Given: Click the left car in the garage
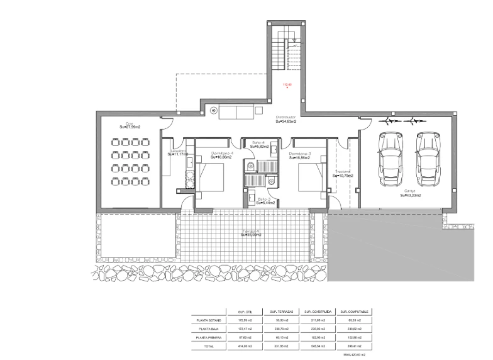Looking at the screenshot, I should click(389, 160).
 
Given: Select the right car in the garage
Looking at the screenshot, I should click(427, 160).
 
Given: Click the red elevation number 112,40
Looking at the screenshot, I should click(287, 84).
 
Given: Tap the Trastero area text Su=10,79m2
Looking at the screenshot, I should click(343, 176).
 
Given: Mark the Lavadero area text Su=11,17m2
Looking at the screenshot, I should click(179, 155).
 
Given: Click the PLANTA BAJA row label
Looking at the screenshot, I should click(208, 329).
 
